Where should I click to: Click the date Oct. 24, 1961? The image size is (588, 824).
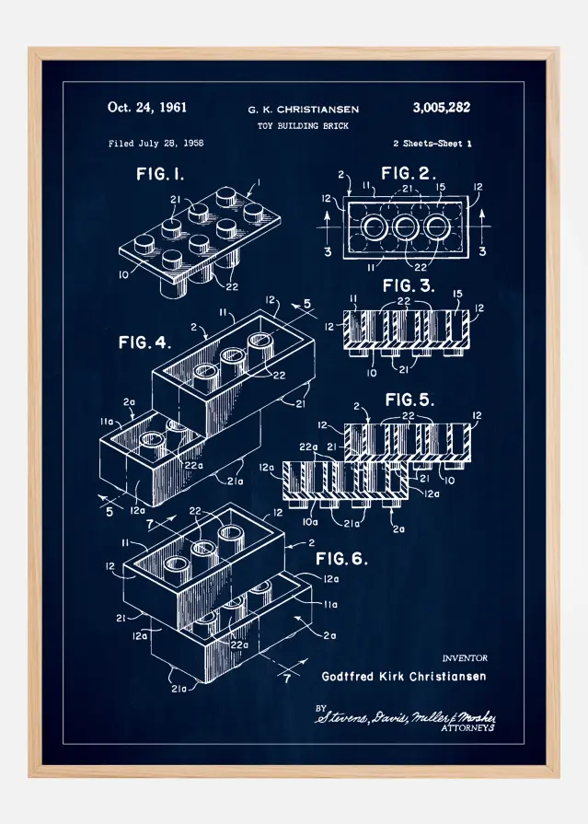(146, 107)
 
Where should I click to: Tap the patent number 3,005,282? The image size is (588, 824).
(436, 107)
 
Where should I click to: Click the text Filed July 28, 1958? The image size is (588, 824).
(156, 144)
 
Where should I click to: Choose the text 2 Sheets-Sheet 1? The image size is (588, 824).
(432, 144)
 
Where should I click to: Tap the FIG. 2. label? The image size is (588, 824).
(409, 174)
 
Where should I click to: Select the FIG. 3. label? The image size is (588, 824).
(408, 285)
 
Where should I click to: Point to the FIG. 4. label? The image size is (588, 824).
(145, 342)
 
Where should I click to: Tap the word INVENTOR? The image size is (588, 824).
(465, 658)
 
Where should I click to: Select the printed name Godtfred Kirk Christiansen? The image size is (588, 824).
(404, 677)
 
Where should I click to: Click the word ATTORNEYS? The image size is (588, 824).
(468, 727)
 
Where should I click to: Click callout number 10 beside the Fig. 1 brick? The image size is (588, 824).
(122, 273)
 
